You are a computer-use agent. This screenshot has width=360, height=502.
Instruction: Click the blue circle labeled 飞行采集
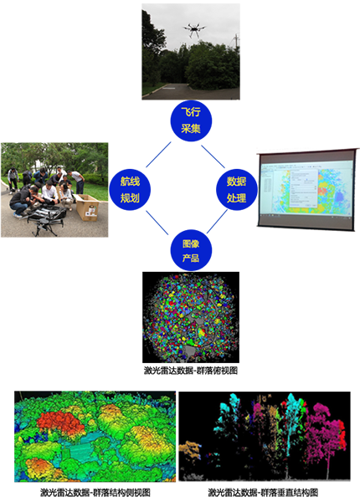click(191, 121)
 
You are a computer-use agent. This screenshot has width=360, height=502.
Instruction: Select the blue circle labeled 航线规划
click(130, 190)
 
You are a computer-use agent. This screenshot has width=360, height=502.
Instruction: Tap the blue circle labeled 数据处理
click(237, 190)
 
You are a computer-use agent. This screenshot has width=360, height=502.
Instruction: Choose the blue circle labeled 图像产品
click(191, 250)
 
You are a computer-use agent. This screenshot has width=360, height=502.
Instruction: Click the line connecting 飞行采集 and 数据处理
click(213, 156)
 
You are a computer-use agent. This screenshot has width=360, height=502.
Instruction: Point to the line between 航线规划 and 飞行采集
click(158, 155)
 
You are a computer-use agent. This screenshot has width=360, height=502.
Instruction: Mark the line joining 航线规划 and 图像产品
click(157, 223)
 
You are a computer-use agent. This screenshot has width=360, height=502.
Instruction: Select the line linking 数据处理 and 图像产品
click(217, 222)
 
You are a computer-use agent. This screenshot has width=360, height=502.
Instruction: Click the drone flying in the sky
click(194, 30)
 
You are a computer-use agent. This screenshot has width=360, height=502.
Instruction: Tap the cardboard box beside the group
click(87, 207)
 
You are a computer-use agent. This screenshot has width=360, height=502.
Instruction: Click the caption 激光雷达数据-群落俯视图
click(191, 371)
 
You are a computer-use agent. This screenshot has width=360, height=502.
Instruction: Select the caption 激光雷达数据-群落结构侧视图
click(95, 492)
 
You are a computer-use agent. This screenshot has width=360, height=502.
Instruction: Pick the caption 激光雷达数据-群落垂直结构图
click(263, 492)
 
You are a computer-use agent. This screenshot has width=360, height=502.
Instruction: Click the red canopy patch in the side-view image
click(61, 423)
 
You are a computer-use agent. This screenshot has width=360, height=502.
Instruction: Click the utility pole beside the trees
click(236, 41)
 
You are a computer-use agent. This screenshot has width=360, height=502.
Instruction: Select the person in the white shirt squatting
click(49, 193)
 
